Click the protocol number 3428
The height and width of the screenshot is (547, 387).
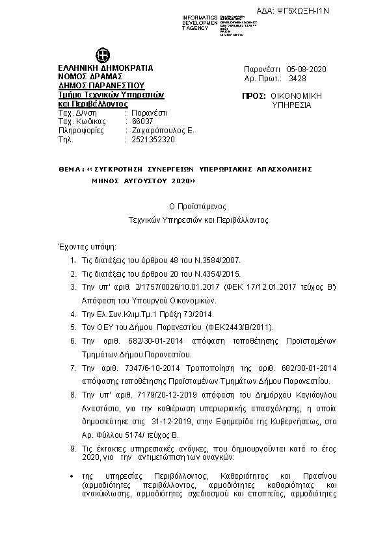tap(297, 77)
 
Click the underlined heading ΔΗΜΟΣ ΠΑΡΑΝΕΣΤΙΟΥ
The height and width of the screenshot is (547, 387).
tap(101, 85)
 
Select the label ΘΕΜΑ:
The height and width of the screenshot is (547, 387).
tap(72, 168)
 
